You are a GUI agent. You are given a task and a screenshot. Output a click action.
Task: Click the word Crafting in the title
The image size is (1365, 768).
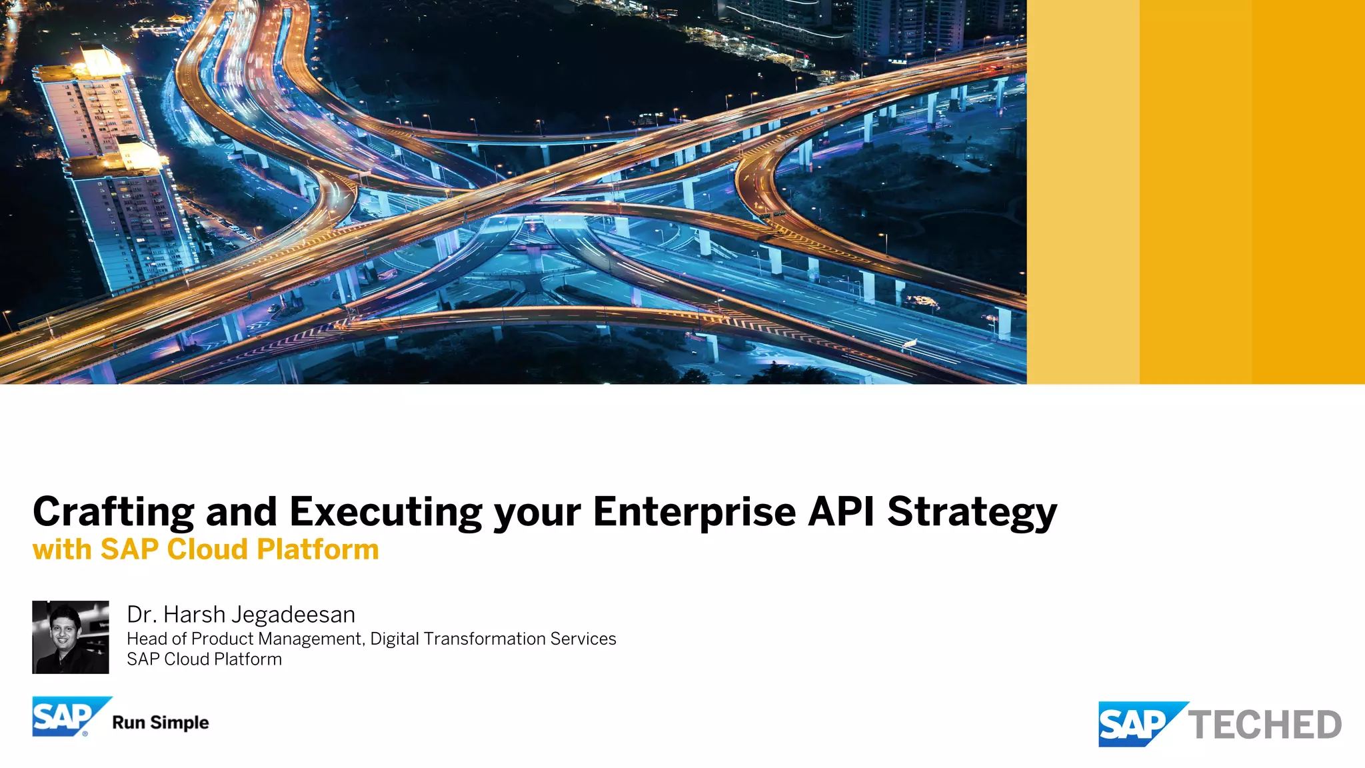click(x=113, y=512)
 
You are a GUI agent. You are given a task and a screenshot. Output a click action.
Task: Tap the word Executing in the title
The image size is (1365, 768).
click(x=385, y=512)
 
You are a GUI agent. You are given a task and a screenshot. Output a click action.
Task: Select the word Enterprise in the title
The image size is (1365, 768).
click(x=694, y=512)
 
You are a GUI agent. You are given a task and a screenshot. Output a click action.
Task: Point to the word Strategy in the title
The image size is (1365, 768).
click(x=972, y=512)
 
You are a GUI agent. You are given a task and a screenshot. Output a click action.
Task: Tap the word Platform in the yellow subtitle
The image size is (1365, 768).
click(x=318, y=549)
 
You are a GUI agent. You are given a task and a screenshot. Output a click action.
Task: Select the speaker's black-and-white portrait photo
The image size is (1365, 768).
click(x=71, y=637)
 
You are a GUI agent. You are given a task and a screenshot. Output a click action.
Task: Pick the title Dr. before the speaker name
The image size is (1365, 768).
click(x=141, y=615)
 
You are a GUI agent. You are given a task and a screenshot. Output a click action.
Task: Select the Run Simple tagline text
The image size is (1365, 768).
click(x=161, y=723)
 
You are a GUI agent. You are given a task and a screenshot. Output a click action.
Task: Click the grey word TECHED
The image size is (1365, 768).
click(x=1265, y=725)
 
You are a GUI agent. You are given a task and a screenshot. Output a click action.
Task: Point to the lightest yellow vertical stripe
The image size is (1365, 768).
click(x=1082, y=192)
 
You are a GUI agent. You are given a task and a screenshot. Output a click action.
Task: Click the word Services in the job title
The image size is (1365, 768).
click(x=583, y=639)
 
